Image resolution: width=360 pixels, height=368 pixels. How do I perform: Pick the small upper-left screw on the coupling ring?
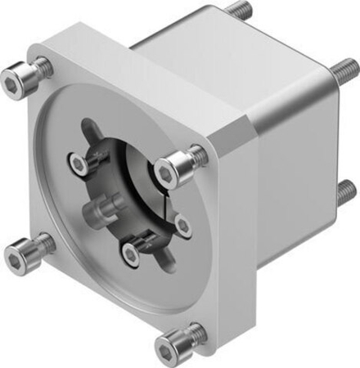pyautogui.click(x=79, y=164)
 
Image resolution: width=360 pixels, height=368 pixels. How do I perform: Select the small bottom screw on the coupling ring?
pyautogui.click(x=131, y=254)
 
